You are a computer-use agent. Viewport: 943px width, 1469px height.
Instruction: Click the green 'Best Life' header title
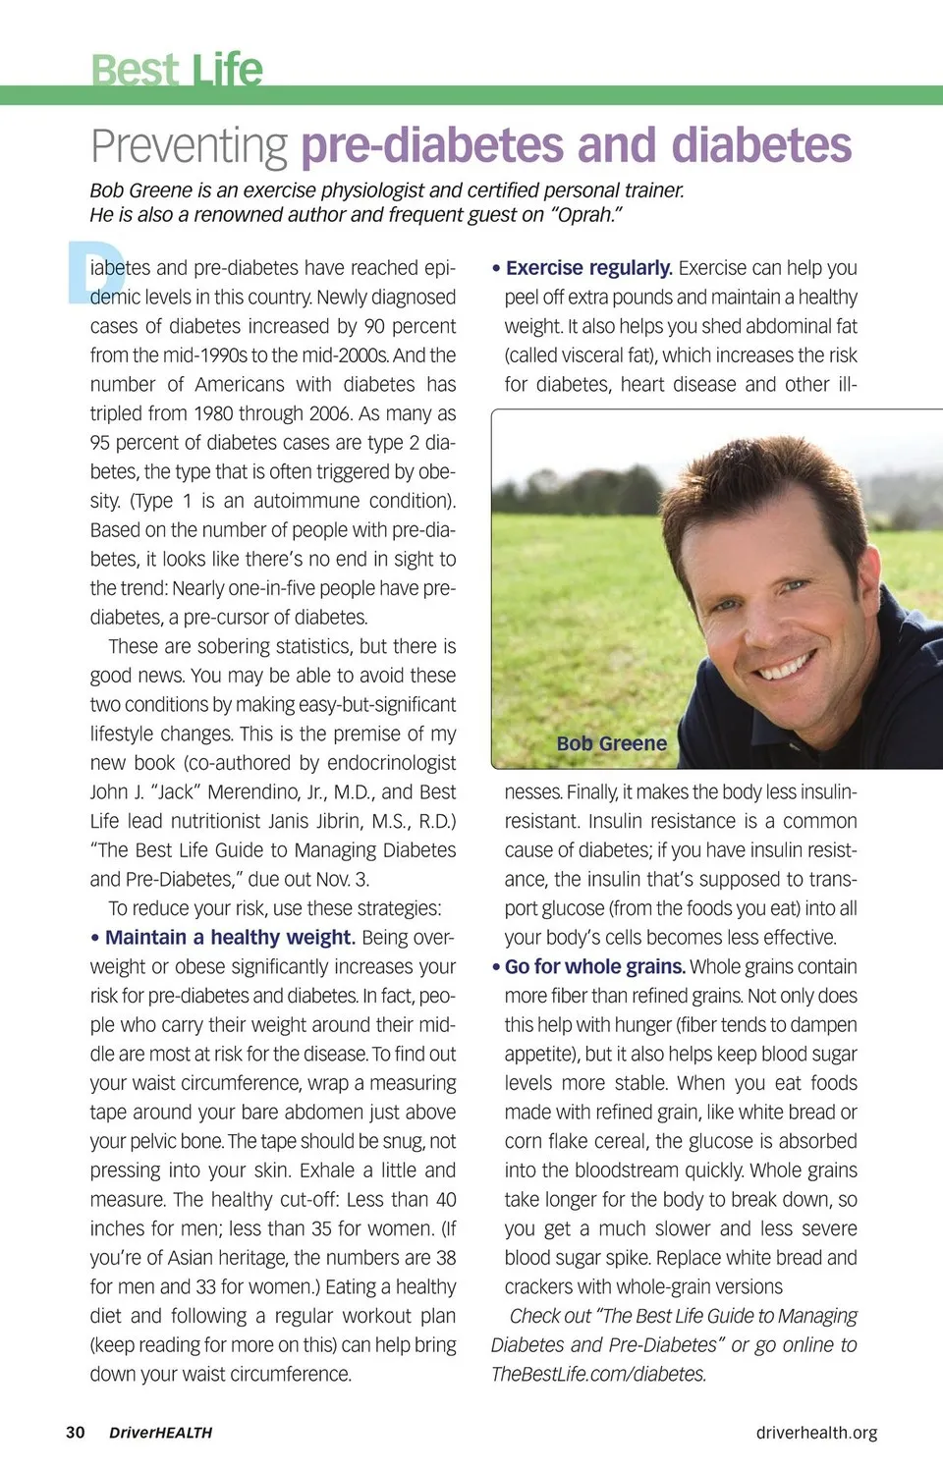177,69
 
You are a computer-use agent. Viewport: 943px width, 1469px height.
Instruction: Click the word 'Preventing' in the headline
190,146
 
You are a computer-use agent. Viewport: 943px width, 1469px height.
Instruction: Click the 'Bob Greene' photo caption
611,743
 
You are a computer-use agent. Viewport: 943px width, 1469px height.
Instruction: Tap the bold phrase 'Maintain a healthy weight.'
230,938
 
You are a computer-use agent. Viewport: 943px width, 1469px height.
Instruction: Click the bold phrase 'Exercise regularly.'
588,268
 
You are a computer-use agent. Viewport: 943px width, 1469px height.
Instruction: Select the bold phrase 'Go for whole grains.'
594,967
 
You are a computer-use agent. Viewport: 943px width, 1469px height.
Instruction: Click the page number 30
76,1433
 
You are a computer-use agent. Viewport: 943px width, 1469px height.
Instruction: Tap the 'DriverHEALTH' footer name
160,1433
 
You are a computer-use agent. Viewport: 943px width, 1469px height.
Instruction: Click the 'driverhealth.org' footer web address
816,1433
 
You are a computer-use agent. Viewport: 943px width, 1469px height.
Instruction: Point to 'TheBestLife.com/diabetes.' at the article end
598,1375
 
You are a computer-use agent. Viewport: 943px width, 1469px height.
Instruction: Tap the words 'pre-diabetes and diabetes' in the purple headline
576,145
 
